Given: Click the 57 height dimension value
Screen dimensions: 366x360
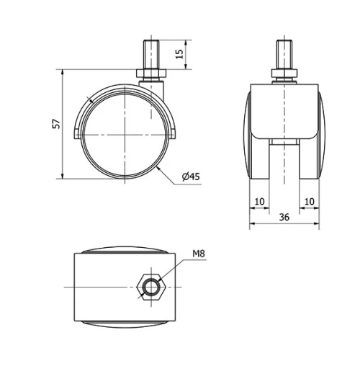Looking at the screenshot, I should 56,125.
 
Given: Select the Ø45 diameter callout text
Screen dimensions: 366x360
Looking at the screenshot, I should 190,177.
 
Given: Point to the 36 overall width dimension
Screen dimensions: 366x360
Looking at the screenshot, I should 284,217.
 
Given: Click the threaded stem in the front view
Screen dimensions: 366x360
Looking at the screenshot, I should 284,54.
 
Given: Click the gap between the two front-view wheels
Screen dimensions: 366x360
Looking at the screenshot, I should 284,162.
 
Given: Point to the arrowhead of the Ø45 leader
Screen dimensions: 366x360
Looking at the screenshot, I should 158,167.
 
